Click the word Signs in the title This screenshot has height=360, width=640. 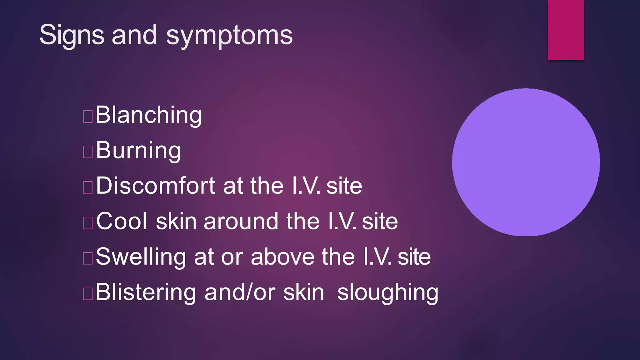point(72,35)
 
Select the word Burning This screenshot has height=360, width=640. point(138,150)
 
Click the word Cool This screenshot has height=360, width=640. point(122,221)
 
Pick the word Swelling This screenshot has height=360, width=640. point(141,257)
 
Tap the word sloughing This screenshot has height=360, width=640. point(388,292)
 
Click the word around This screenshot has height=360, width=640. point(240,221)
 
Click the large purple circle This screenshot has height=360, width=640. point(526,162)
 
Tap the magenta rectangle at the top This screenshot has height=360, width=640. point(566,30)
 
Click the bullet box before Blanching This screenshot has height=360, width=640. point(88,116)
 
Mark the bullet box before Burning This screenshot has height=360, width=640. point(88,152)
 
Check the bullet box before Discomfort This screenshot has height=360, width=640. point(88,187)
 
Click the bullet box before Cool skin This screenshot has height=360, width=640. point(88,223)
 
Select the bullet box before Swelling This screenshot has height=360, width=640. point(88,258)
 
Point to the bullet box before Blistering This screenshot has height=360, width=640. point(88,294)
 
